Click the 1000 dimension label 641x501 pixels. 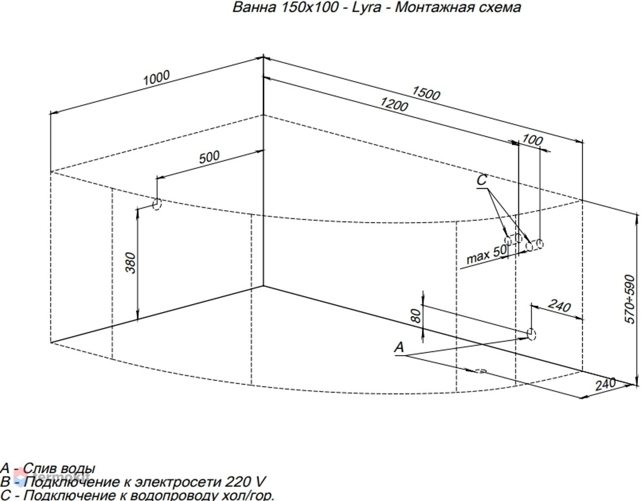coord(157,77)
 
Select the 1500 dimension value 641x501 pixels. coord(426,93)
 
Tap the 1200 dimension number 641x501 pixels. coord(394,104)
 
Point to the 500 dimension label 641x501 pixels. coord(209,157)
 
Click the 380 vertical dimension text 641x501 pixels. coord(130,263)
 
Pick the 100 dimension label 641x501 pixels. coord(532,140)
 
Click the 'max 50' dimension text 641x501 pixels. coord(487,254)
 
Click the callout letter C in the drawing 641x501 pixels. coord(482,180)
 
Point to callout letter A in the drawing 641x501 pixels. coord(399,347)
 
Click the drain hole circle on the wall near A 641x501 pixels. coord(531,335)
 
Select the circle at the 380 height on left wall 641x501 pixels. coord(157,204)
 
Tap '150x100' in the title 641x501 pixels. coord(310,7)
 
